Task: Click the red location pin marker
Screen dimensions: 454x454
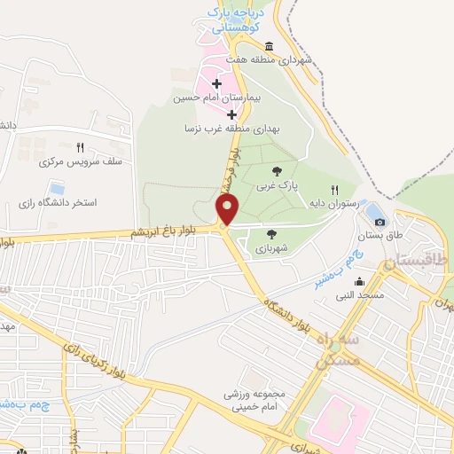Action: click(x=228, y=210)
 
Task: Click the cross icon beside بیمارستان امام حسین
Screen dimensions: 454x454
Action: click(x=216, y=83)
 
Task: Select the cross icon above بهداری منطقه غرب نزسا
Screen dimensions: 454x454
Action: click(x=232, y=114)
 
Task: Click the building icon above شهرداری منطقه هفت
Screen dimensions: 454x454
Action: click(x=270, y=47)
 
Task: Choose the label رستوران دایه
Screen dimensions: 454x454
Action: click(x=333, y=203)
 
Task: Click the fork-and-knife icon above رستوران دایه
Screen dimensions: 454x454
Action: click(x=334, y=189)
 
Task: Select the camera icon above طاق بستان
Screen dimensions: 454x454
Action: click(x=380, y=222)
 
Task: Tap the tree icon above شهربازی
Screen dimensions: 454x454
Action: click(x=270, y=233)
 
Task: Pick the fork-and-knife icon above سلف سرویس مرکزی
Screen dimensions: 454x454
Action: click(x=80, y=148)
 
